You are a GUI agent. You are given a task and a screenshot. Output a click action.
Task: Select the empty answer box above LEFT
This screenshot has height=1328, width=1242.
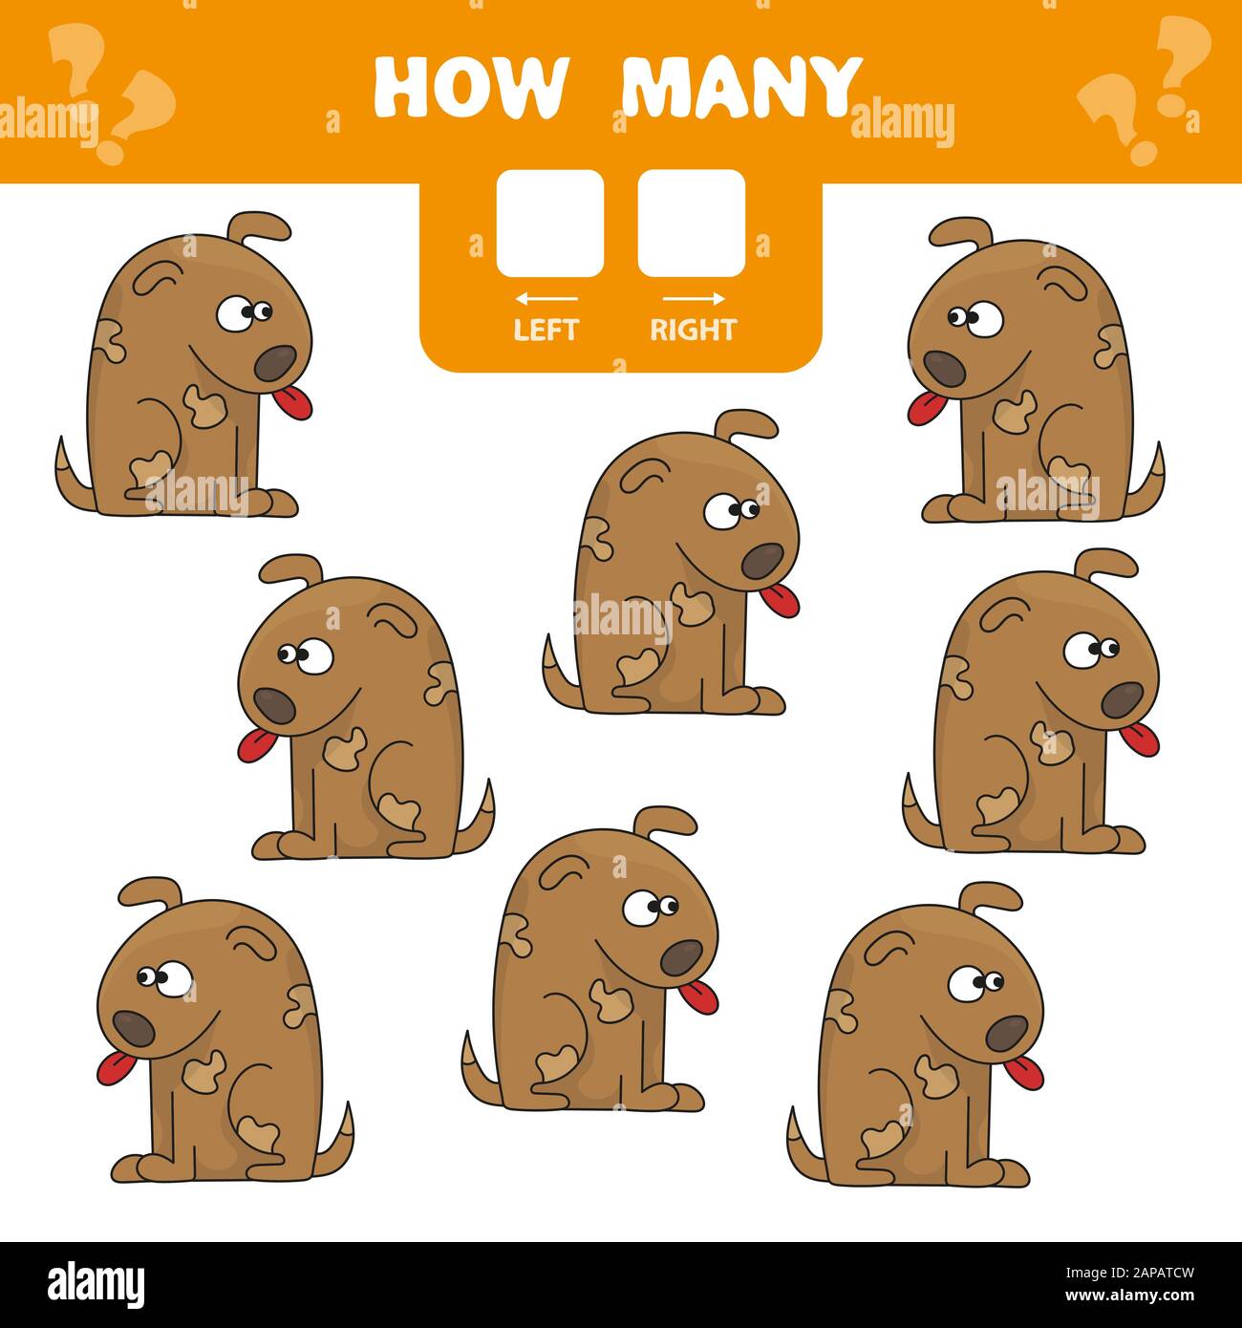point(549,224)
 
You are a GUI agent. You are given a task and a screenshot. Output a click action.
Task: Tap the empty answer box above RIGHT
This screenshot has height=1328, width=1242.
point(692,224)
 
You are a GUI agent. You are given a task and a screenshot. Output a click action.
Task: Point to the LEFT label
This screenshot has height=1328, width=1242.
point(546,330)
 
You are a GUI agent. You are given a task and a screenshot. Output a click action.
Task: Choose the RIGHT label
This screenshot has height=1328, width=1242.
point(693,330)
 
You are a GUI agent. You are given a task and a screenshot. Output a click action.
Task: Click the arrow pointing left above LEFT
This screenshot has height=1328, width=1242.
point(546,299)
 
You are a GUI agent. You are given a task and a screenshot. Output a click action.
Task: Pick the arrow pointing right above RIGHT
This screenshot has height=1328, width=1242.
point(694,299)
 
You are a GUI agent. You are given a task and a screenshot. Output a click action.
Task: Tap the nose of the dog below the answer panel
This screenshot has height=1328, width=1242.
point(762,562)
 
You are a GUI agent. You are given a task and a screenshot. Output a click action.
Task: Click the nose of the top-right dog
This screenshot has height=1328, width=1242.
point(940,368)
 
